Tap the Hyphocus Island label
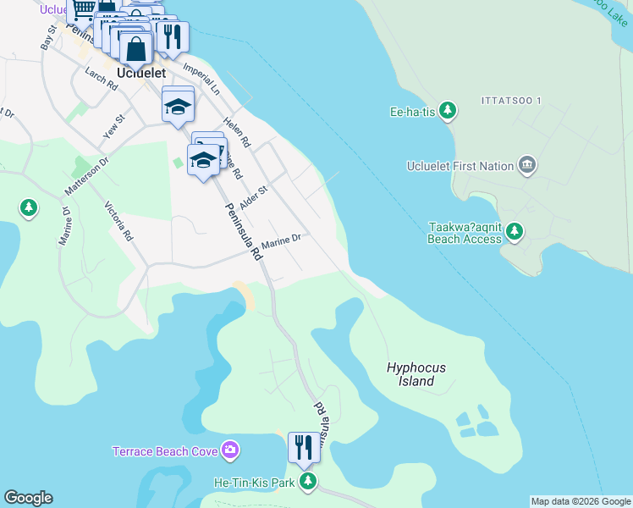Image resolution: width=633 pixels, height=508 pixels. pyautogui.click(x=416, y=374)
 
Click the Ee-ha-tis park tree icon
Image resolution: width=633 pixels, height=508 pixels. pyautogui.click(x=448, y=111)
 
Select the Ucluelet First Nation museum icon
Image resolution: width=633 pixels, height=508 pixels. pyautogui.click(x=527, y=164)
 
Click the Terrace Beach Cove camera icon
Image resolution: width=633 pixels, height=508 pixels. pyautogui.click(x=229, y=450)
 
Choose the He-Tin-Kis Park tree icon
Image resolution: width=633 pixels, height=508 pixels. pyautogui.click(x=309, y=482)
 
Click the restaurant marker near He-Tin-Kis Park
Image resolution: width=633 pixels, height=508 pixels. pyautogui.click(x=303, y=446)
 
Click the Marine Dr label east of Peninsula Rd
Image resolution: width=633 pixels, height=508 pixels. pyautogui.click(x=281, y=242)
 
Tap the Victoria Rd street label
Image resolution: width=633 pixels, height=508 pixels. pyautogui.click(x=118, y=221)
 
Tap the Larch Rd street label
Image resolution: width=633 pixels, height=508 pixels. pyautogui.click(x=101, y=80)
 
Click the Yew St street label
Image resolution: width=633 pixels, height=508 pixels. pyautogui.click(x=113, y=128)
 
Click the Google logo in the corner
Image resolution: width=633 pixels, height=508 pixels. pyautogui.click(x=28, y=498)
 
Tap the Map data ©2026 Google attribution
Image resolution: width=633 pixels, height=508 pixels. pyautogui.click(x=581, y=501)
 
